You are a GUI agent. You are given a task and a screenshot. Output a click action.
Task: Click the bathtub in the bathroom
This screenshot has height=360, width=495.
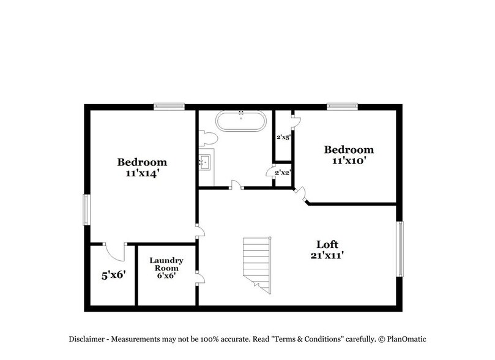pos(242,121)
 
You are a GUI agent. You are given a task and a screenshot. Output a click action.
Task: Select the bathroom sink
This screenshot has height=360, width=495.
pos(206,162)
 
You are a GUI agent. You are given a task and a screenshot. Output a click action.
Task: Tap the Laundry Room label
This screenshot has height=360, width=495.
pos(166,264)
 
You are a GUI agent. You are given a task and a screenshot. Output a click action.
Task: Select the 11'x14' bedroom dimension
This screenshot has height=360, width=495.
pos(142,173)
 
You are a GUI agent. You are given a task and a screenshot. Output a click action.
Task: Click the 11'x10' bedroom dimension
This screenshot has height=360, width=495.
pos(348,160)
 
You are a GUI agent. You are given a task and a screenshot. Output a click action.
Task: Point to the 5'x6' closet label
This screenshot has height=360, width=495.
pos(113,275)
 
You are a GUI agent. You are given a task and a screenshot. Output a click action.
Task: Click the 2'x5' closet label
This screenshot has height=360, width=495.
pos(282,137)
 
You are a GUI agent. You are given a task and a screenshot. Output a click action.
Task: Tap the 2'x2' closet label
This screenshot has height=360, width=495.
pos(282,173)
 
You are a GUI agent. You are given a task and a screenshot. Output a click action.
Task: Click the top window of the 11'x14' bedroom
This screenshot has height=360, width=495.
pos(169,106)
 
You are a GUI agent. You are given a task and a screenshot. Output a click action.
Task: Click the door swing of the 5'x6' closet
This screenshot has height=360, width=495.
pos(114,250)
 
